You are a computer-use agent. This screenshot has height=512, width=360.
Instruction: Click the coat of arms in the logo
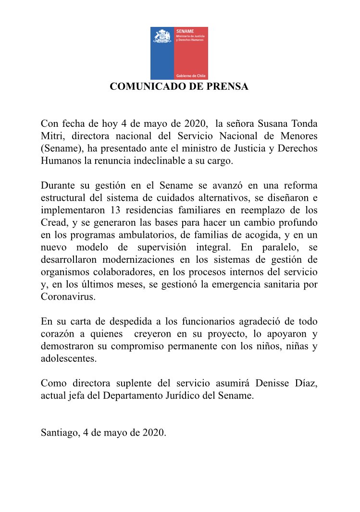(x=162, y=37)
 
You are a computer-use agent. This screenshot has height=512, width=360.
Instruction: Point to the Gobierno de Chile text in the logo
(x=191, y=76)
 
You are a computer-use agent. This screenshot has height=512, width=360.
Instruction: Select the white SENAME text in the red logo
(x=182, y=31)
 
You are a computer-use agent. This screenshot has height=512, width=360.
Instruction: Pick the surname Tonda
(x=304, y=123)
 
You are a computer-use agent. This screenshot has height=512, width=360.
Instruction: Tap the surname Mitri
(x=51, y=136)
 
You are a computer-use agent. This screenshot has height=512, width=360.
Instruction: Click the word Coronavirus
(x=68, y=298)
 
